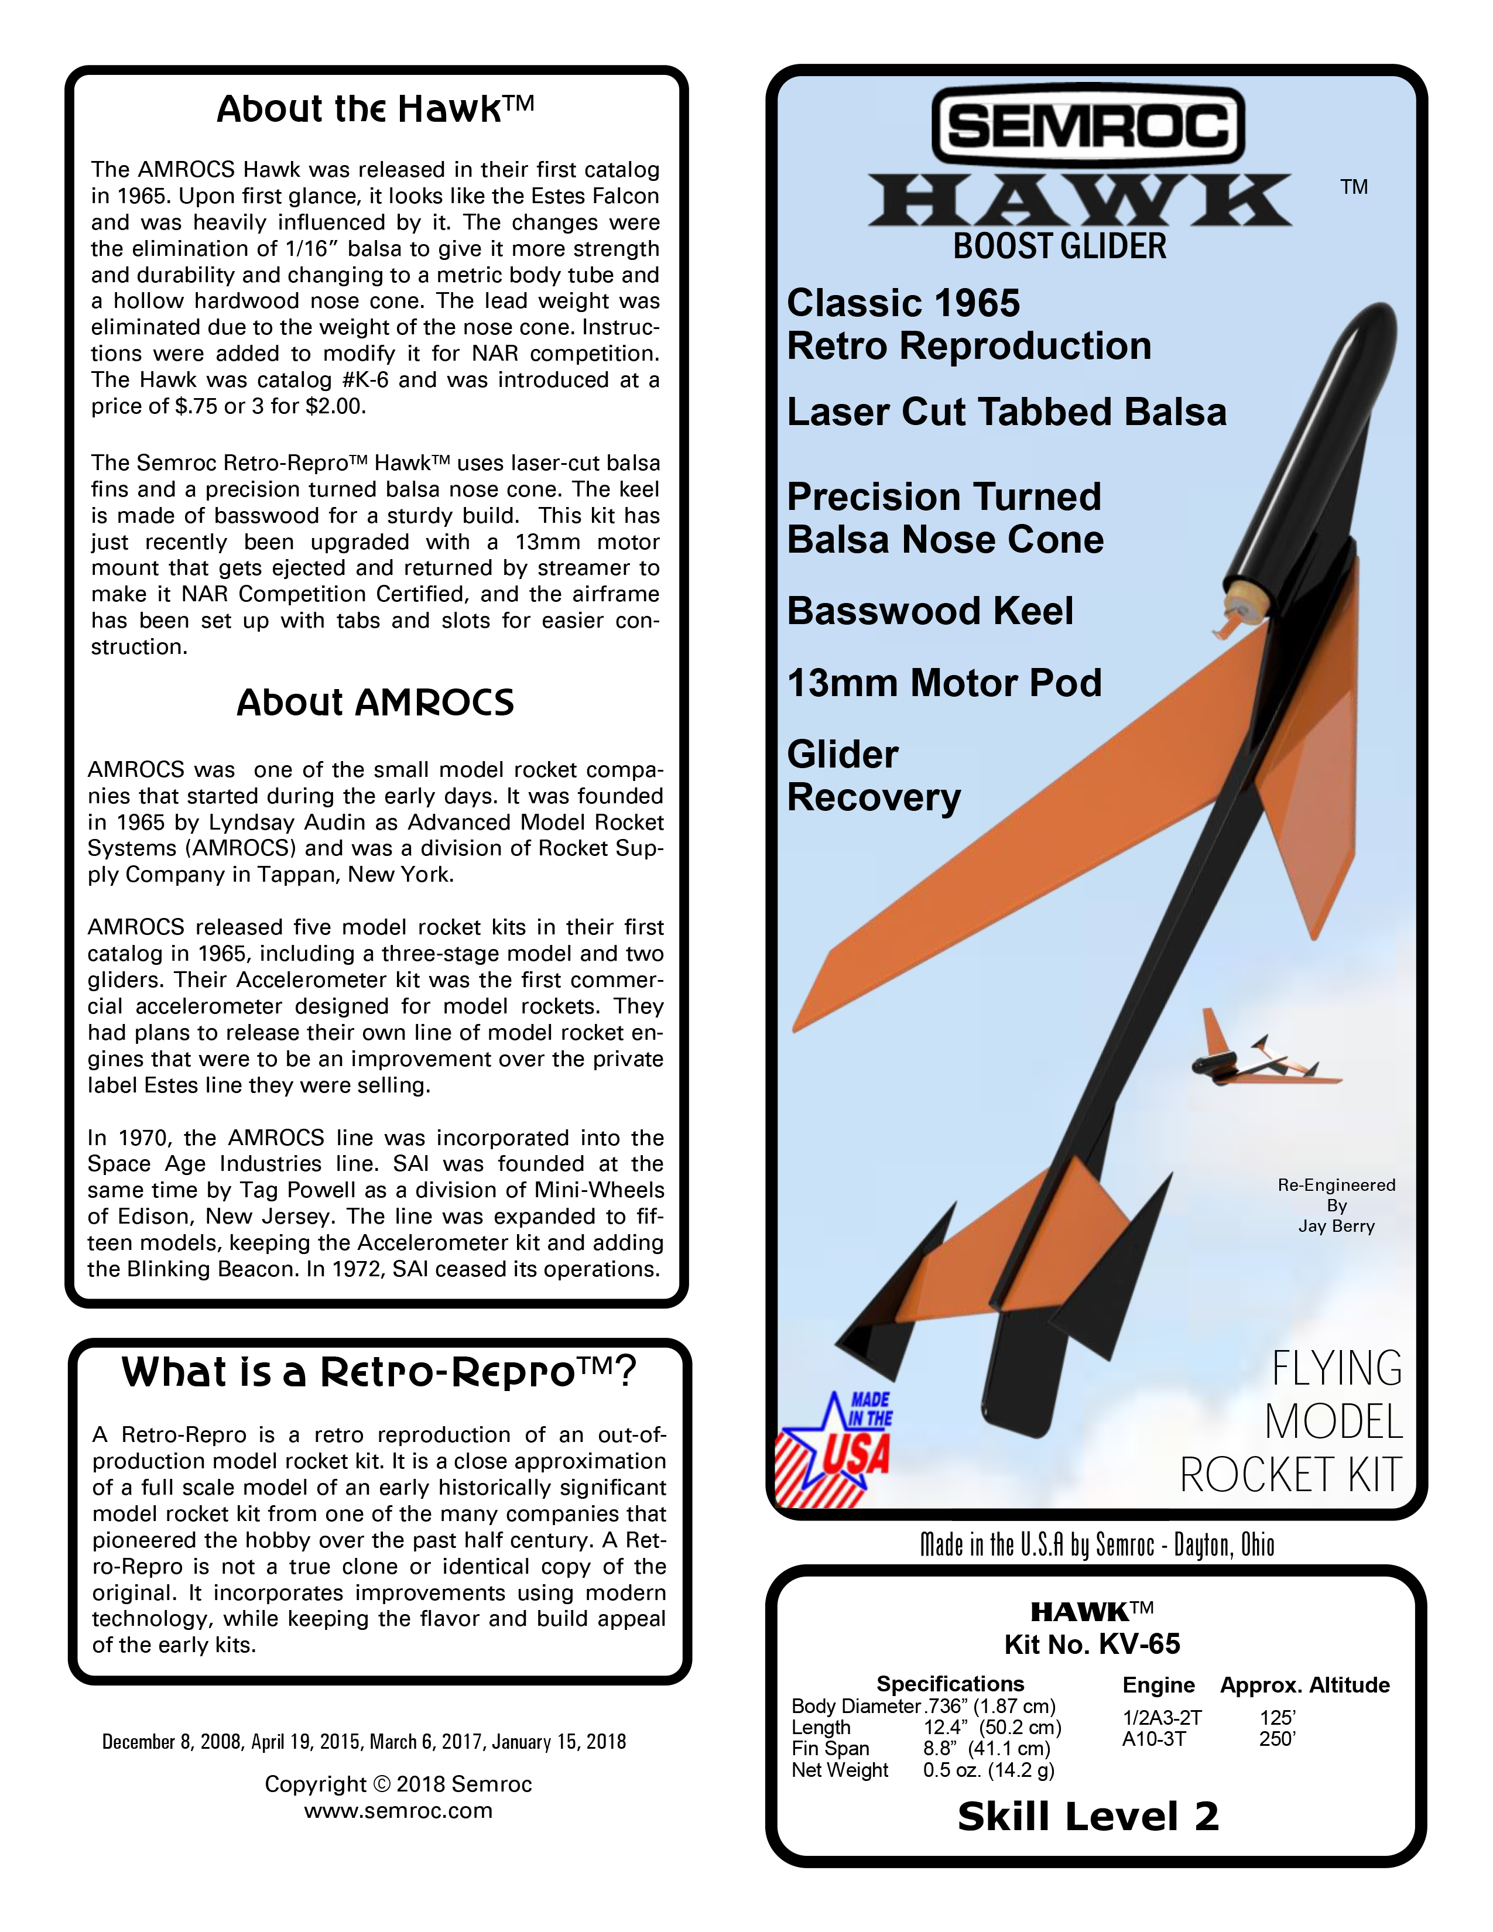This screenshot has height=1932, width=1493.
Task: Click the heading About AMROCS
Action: [375, 703]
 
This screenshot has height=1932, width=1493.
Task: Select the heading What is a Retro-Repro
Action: [379, 1372]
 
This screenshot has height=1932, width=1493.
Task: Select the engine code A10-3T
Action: [1153, 1739]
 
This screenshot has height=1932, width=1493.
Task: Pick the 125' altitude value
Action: [1277, 1717]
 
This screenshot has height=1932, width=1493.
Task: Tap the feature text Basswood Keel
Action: [930, 611]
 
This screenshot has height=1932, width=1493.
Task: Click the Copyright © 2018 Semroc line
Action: [398, 1784]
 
